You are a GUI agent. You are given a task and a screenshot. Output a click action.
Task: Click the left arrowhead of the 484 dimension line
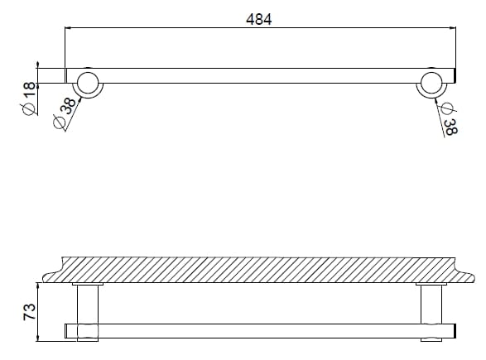pyautogui.click(x=69, y=27)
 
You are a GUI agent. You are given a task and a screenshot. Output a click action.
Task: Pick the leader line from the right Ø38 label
pyautogui.click(x=441, y=105)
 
